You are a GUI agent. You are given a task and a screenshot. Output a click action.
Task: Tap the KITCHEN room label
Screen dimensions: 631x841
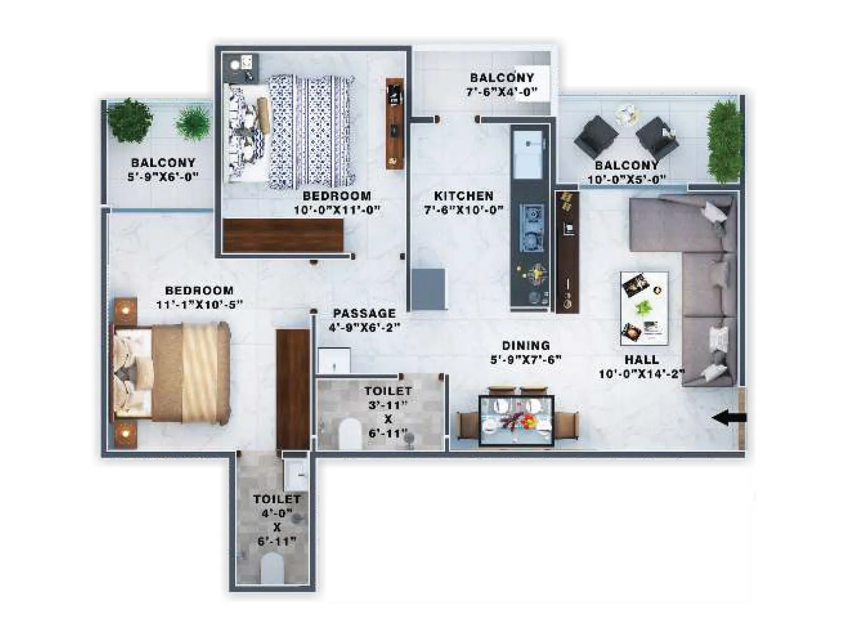(463, 196)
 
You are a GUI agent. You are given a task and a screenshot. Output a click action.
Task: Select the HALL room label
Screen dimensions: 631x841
(641, 360)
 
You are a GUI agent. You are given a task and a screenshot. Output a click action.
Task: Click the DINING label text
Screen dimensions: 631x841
(526, 345)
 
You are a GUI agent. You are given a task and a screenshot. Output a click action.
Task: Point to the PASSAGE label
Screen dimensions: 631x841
(364, 313)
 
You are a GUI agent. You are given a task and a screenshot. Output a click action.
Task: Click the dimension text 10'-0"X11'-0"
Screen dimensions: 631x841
(336, 210)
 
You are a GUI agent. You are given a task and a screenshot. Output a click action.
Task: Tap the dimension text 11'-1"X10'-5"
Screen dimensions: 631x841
(199, 304)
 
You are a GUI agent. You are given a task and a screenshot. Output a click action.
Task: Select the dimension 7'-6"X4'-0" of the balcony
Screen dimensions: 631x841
(501, 92)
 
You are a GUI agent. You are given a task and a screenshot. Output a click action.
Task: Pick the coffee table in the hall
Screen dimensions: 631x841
(644, 308)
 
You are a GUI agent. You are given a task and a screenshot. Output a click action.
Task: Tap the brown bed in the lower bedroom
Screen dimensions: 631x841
(173, 373)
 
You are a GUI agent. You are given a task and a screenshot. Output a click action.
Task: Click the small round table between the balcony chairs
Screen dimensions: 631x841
(627, 114)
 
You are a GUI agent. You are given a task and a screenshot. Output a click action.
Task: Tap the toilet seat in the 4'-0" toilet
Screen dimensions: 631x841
(272, 568)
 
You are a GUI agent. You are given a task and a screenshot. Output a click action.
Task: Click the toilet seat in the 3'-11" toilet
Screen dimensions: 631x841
(350, 434)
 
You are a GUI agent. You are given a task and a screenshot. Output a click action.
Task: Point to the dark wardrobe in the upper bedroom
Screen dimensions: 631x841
(283, 235)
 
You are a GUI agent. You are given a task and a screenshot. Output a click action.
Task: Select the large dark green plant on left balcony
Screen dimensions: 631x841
(129, 120)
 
